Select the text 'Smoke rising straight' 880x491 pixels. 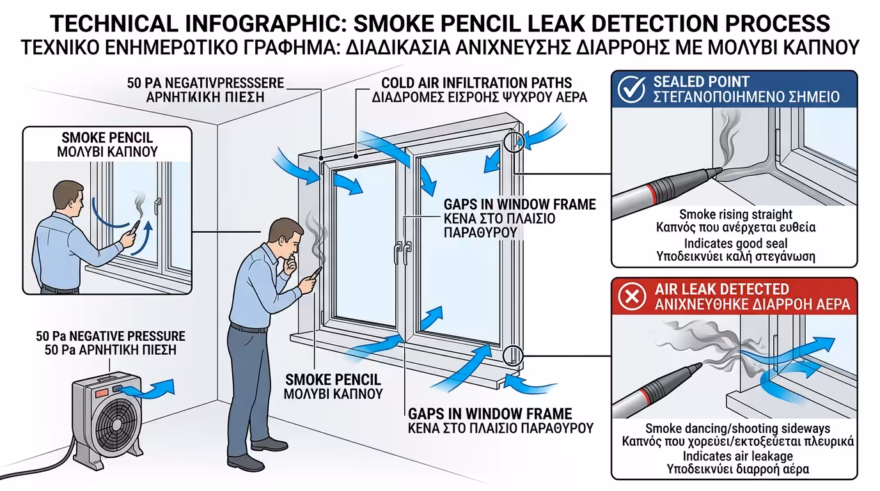tap(735, 214)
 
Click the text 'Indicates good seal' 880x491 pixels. tap(735, 244)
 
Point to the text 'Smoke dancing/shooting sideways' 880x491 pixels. tap(738, 428)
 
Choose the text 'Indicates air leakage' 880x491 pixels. tap(738, 456)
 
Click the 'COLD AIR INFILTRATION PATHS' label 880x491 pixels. tap(476, 83)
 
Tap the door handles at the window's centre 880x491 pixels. tap(402, 251)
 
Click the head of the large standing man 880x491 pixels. tap(281, 237)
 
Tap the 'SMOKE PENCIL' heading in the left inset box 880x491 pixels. tap(107, 137)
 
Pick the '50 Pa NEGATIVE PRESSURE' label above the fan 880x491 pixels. tap(111, 336)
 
